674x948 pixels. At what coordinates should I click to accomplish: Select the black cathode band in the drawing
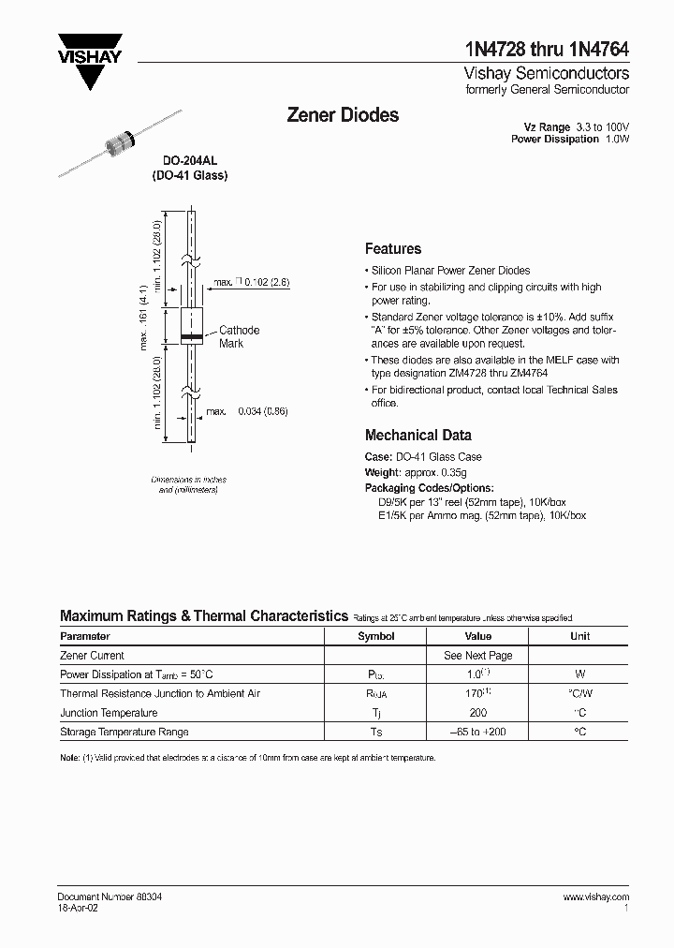(x=190, y=335)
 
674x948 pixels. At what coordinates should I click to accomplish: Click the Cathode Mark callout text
(x=239, y=336)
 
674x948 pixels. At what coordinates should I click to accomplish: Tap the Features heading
(x=392, y=249)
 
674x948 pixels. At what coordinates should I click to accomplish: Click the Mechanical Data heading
(x=418, y=435)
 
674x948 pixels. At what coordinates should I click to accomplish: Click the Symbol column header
(x=376, y=636)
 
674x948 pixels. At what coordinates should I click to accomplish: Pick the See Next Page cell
(x=477, y=656)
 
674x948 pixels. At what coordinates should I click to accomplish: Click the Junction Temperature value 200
(x=477, y=713)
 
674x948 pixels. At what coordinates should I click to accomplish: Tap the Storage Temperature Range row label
(x=124, y=732)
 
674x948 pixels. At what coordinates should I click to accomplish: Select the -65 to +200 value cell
(x=477, y=732)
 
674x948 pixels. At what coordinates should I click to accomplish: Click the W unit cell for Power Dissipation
(x=579, y=674)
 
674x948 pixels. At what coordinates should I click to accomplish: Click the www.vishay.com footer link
(x=595, y=896)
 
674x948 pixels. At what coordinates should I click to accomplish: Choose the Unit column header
(x=579, y=636)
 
